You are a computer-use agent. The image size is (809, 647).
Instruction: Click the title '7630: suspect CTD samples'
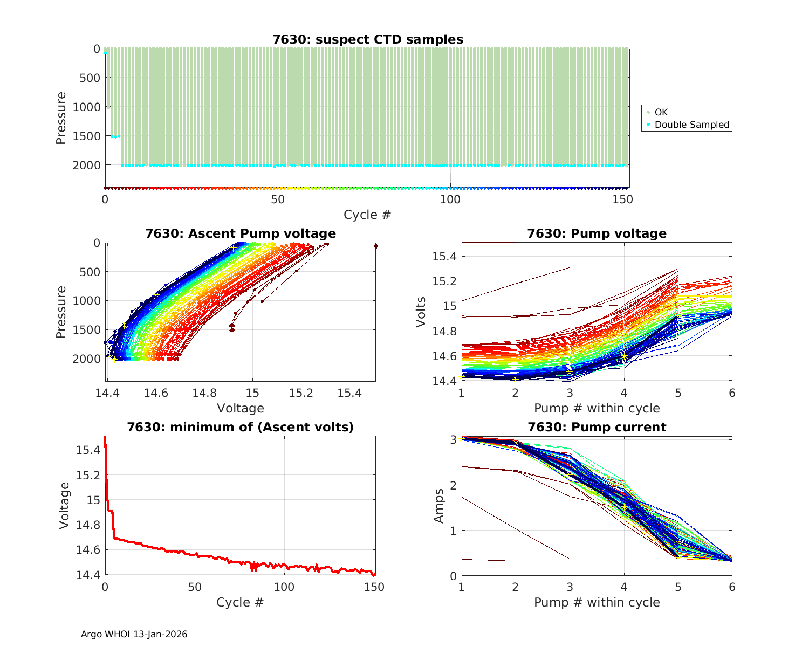pyautogui.click(x=367, y=39)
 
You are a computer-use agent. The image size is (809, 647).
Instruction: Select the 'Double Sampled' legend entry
pyautogui.click(x=691, y=125)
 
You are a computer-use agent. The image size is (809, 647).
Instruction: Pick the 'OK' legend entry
pyautogui.click(x=661, y=112)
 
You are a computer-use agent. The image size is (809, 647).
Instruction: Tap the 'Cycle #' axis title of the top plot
pyautogui.click(x=367, y=215)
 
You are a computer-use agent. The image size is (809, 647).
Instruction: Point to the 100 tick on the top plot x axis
pyautogui.click(x=450, y=199)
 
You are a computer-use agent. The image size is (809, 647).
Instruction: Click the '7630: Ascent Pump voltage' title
pyautogui.click(x=241, y=233)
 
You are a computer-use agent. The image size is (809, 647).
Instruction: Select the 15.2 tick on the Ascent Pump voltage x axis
pyautogui.click(x=301, y=393)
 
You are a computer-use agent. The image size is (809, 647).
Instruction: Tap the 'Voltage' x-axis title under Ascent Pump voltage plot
pyautogui.click(x=241, y=408)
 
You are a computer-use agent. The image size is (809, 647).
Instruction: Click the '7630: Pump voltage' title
pyautogui.click(x=597, y=233)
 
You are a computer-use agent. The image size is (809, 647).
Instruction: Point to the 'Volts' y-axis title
pyautogui.click(x=421, y=312)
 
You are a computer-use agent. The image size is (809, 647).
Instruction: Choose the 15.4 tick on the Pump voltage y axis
pyautogui.click(x=445, y=256)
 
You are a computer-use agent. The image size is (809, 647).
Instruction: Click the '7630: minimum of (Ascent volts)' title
pyautogui.click(x=241, y=427)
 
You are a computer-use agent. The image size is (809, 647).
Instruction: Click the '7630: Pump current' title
pyautogui.click(x=597, y=427)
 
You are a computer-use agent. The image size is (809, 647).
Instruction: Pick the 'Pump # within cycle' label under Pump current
pyautogui.click(x=597, y=602)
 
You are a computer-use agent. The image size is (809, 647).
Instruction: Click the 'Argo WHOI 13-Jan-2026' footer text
pyautogui.click(x=134, y=634)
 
